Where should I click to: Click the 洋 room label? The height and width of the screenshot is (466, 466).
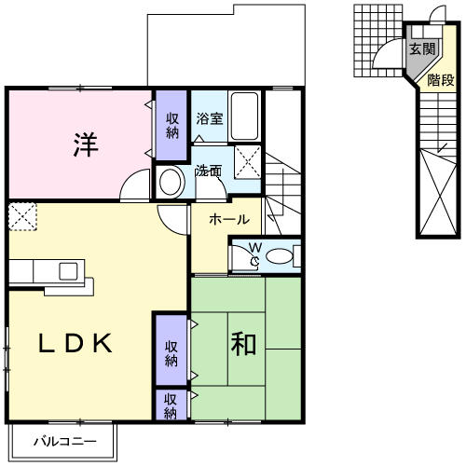coord(86,144)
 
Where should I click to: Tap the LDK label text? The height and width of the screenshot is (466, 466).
coord(75,343)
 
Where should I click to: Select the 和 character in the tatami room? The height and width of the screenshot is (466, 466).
coord(243,344)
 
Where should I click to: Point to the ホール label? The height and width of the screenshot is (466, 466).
coord(229,219)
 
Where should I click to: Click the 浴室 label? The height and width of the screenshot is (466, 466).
coord(210,118)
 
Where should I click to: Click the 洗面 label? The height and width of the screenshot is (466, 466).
coord(209,171)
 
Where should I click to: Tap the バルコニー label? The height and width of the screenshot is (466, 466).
coord(65,441)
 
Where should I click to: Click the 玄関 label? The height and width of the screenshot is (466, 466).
coord(422,48)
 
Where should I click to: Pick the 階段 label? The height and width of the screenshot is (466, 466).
coord(441,80)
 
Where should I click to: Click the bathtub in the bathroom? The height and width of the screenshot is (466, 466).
coord(245,116)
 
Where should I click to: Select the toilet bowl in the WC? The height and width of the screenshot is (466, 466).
coord(280,256)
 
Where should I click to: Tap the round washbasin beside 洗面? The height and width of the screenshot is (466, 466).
coord(171,183)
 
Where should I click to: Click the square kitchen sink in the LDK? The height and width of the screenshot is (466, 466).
coord(68,271)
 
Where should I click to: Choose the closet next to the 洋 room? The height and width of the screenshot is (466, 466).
coord(171,125)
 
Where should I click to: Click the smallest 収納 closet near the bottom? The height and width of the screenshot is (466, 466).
coord(171,404)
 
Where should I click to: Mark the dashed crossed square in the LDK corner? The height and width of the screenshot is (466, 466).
coord(22,216)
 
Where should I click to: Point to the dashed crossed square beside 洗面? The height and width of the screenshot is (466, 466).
coord(248,161)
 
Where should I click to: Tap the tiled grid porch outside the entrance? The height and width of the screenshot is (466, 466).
coord(378,41)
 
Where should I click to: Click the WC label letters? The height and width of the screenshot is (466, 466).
coord(255,254)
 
